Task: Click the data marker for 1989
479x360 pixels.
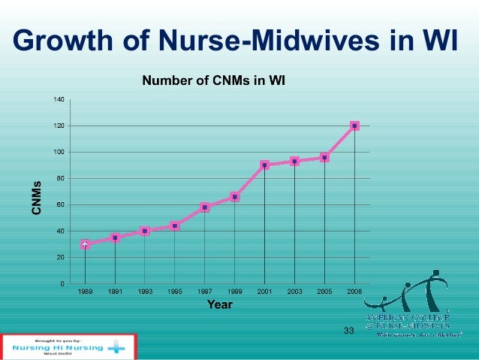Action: pyautogui.click(x=85, y=244)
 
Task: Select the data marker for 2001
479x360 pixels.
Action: pyautogui.click(x=264, y=165)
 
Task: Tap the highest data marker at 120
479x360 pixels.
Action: pyautogui.click(x=354, y=126)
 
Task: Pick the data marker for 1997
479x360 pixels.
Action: pyautogui.click(x=205, y=207)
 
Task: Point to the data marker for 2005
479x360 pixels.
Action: pyautogui.click(x=324, y=157)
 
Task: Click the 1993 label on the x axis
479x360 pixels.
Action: pyautogui.click(x=145, y=291)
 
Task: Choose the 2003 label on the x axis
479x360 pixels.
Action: pyautogui.click(x=294, y=291)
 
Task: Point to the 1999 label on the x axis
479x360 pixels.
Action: pyautogui.click(x=234, y=291)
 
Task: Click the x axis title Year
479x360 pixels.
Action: pyautogui.click(x=219, y=304)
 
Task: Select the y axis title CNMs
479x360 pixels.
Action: pyautogui.click(x=36, y=198)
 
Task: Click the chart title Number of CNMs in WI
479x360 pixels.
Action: pyautogui.click(x=214, y=80)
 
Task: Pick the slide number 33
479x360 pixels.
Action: pyautogui.click(x=348, y=331)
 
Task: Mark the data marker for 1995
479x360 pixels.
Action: pyautogui.click(x=175, y=225)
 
